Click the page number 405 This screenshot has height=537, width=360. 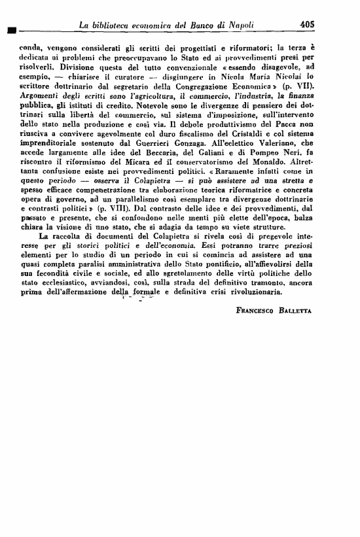(x=307, y=24)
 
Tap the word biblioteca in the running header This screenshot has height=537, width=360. (x=111, y=25)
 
